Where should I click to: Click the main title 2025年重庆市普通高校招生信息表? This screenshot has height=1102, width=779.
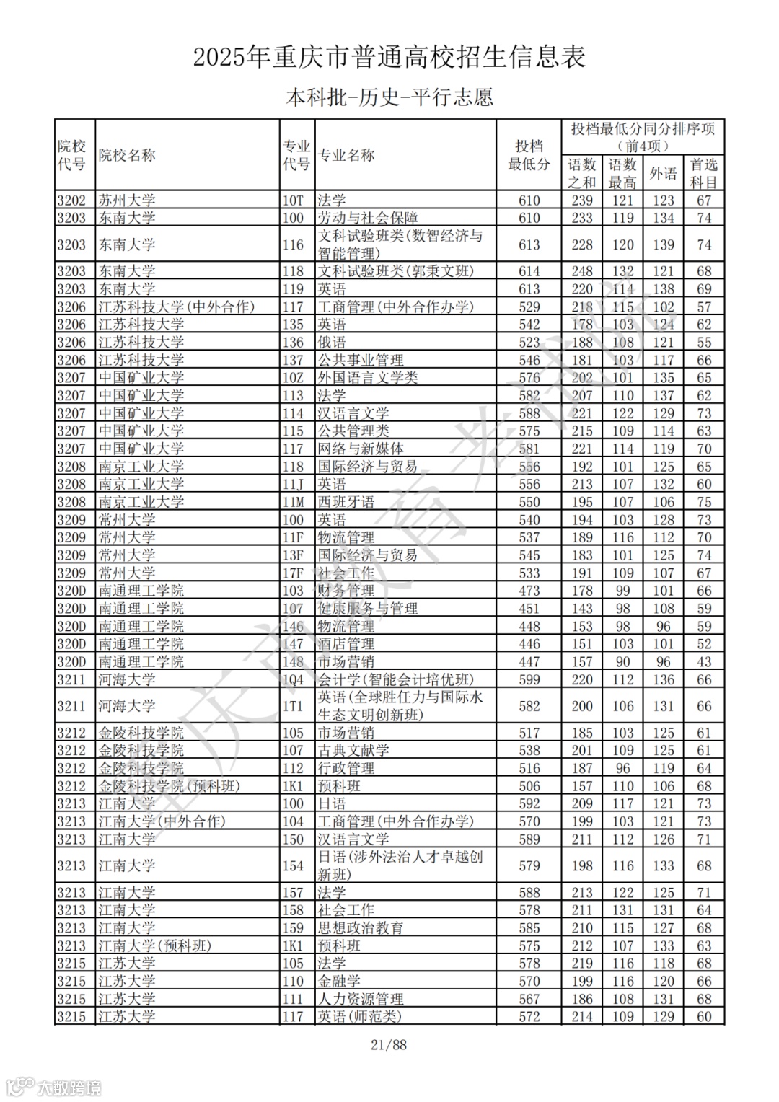pos(389,57)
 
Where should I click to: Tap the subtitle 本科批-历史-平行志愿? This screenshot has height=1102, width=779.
pos(389,97)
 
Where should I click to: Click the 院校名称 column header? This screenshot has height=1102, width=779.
pos(127,155)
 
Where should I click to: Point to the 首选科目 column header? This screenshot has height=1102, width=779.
pos(704,174)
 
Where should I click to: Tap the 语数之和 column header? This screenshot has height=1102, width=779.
pos(581,174)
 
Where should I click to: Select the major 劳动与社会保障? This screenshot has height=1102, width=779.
pos(368,218)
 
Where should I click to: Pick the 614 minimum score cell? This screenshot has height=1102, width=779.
pos(529,271)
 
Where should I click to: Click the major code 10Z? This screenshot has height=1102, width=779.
pos(293,378)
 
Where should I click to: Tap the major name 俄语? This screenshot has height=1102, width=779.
pos(332,343)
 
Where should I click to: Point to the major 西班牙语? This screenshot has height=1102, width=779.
pos(346,502)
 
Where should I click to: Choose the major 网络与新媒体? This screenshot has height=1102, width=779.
pos(361,449)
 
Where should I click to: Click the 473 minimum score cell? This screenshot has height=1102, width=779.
pos(529,591)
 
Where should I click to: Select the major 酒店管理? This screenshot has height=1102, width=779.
pos(346,644)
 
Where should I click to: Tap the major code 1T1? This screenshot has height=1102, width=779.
pos(293,706)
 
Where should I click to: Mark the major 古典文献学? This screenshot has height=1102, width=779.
pos(353,750)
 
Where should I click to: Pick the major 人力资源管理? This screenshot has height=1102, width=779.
pos(361,999)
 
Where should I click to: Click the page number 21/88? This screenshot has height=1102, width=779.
pos(389,1044)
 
